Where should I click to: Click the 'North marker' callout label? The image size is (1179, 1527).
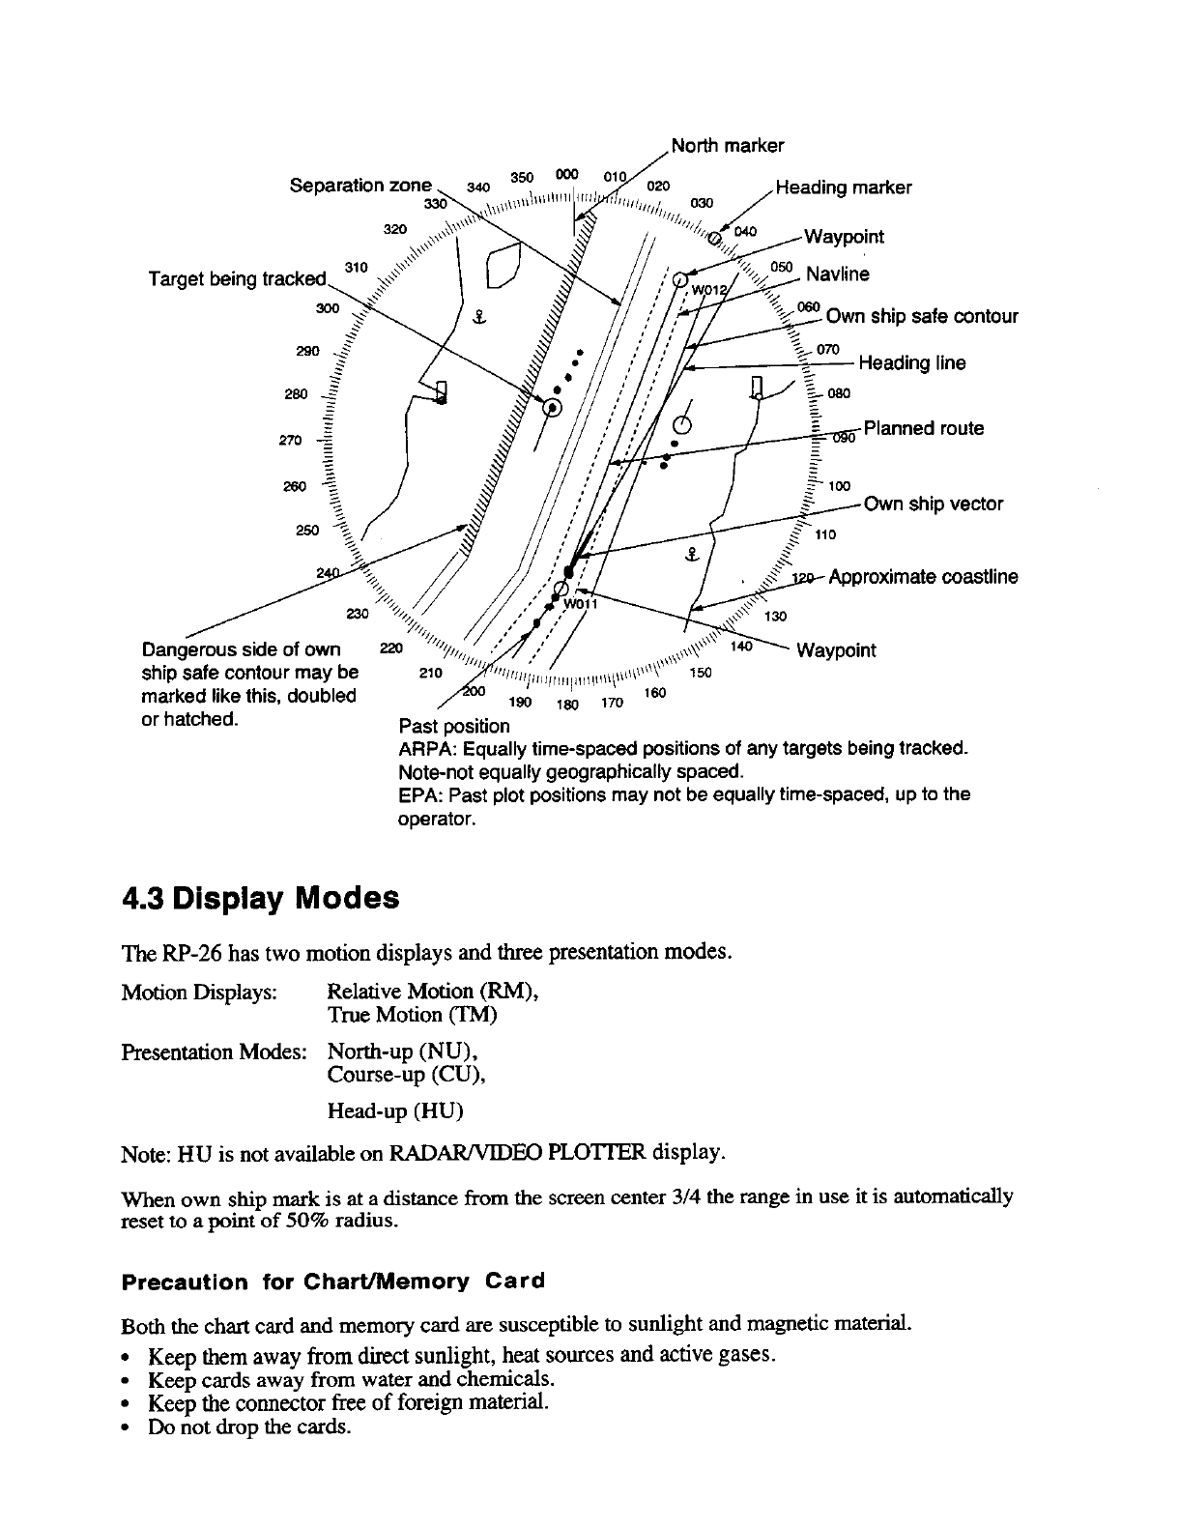point(727,146)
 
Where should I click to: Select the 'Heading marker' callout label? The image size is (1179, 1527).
point(844,187)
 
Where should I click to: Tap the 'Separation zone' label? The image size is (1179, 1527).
point(361,185)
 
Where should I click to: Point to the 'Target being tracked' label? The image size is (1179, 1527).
point(238,279)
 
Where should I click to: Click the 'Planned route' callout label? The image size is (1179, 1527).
point(923,428)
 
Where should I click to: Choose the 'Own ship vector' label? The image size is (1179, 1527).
point(933,504)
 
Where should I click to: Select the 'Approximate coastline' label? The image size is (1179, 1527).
point(923,577)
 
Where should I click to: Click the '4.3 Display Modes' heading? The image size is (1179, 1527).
point(260,899)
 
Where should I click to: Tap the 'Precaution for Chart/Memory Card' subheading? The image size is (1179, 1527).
point(332,1282)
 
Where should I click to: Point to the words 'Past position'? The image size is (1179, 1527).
point(453,726)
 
